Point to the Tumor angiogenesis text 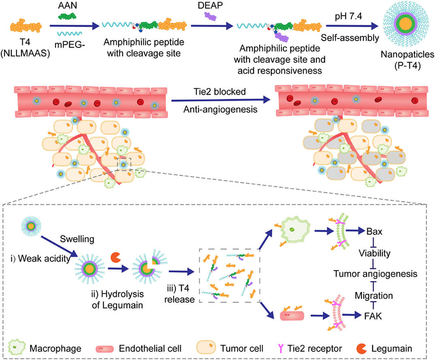(x=375, y=274)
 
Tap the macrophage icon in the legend (x=16, y=348)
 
